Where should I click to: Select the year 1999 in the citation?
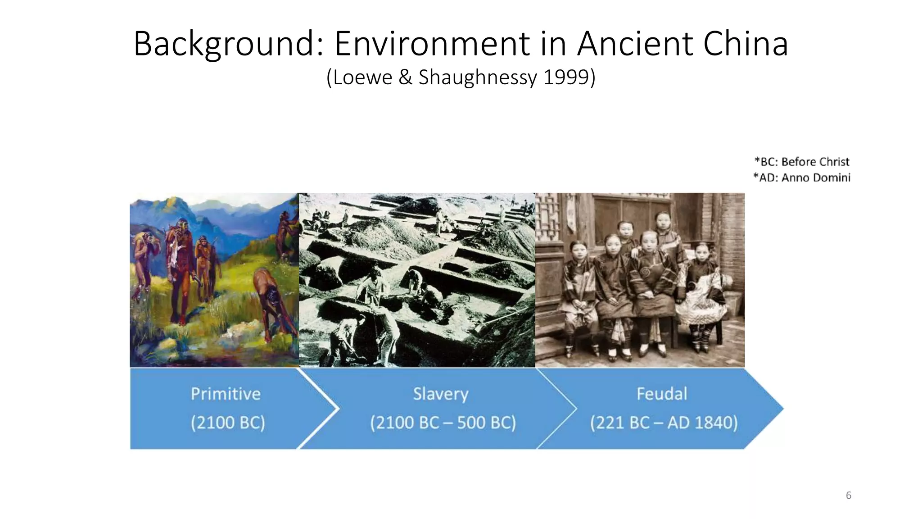tap(566, 77)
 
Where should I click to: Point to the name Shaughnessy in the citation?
tap(477, 77)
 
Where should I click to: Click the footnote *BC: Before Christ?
tap(802, 162)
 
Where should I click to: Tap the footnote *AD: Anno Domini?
tap(802, 178)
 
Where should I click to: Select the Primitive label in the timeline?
tap(226, 394)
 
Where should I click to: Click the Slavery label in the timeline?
tap(441, 394)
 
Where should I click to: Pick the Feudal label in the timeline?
tap(662, 394)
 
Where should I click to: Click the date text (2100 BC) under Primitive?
tap(228, 423)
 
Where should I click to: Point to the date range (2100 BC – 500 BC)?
tap(443, 423)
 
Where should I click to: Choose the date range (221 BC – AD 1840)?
tap(664, 423)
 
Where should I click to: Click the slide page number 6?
tap(849, 496)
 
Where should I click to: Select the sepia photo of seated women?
tap(640, 280)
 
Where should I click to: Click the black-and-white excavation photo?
tap(417, 280)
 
